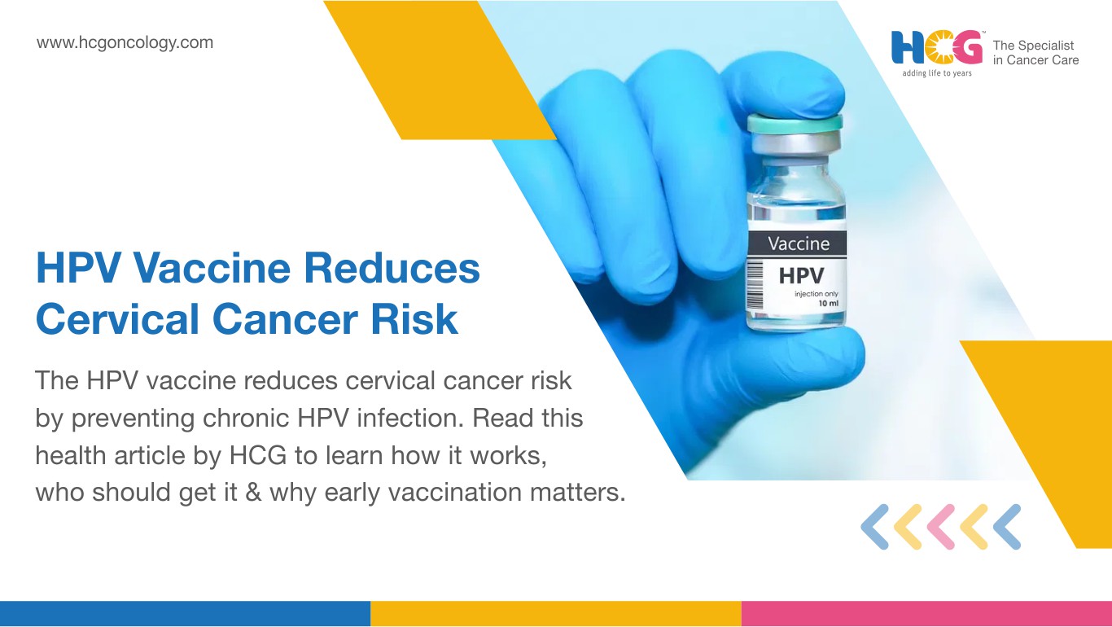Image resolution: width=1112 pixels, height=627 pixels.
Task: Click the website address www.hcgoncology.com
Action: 125,42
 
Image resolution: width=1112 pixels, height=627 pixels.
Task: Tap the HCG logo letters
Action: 937,48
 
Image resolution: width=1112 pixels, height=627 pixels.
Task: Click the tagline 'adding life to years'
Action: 937,73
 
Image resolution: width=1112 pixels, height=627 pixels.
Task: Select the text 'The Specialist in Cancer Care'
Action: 1035,53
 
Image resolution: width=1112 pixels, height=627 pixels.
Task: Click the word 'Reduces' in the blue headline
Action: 392,268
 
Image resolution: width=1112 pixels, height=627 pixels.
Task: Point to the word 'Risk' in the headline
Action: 414,319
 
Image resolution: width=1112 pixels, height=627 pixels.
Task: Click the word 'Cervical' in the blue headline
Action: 117,319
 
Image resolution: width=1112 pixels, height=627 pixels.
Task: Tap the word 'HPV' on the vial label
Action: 801,276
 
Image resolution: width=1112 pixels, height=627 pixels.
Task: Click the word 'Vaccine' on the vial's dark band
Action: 799,243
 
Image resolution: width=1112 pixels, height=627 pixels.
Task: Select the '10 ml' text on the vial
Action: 828,304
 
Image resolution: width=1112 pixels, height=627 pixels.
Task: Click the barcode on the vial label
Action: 755,285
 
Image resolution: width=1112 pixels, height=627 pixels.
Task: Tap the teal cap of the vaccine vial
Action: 795,123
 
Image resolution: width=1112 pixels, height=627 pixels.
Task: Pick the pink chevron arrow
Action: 941,527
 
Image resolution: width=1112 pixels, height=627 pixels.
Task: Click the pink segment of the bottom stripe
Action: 926,614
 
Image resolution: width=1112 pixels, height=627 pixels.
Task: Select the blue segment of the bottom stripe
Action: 185,614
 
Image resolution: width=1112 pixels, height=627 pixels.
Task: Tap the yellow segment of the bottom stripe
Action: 556,614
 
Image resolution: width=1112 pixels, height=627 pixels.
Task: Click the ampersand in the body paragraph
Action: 253,493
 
